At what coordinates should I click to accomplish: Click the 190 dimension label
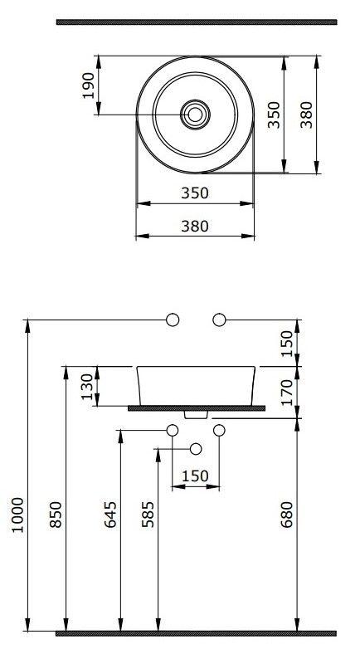pyautogui.click(x=89, y=85)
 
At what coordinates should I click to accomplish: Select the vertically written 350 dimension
pyautogui.click(x=274, y=115)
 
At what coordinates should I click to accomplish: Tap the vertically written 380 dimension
pyautogui.click(x=306, y=115)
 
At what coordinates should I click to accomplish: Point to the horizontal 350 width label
pyautogui.click(x=195, y=193)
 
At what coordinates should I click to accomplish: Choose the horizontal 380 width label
pyautogui.click(x=195, y=226)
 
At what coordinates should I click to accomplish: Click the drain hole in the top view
pyautogui.click(x=195, y=115)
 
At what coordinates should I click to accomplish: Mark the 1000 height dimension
pyautogui.click(x=17, y=515)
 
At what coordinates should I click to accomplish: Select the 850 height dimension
pyautogui.click(x=56, y=515)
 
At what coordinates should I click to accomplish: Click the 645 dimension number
pyautogui.click(x=110, y=515)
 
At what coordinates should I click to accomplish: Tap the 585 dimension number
pyautogui.click(x=148, y=515)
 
